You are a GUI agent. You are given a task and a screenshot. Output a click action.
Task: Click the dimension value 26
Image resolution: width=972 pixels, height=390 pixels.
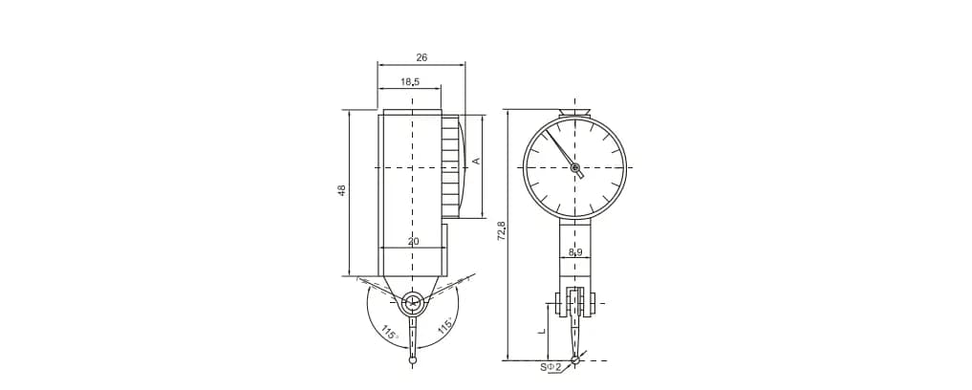tap(421, 57)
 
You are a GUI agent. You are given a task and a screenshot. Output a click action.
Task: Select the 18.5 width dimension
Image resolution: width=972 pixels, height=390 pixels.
tap(409, 82)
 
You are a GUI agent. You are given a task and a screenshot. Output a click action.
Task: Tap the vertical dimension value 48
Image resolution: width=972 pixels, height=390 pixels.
tap(341, 190)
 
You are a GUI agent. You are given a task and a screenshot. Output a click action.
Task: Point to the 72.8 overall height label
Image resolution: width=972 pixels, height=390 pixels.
tap(501, 230)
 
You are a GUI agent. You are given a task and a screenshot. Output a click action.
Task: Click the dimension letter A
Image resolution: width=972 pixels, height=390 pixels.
tap(475, 162)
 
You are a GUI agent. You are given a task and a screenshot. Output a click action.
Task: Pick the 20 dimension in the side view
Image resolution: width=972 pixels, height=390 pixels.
tap(413, 241)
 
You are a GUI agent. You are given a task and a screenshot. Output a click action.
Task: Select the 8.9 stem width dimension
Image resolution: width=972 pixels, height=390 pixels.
tap(574, 252)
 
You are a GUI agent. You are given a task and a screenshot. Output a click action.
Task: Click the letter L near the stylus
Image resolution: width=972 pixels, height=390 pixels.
tap(541, 331)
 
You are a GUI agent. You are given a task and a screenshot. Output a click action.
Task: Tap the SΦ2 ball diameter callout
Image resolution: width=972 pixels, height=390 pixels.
tap(551, 366)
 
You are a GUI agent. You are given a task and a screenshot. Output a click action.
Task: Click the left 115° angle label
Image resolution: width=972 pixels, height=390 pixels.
tap(388, 334)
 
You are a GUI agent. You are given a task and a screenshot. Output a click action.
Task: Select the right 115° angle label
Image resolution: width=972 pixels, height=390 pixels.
tap(445, 326)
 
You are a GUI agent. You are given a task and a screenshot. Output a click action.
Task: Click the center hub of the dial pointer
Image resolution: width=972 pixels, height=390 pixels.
tap(575, 167)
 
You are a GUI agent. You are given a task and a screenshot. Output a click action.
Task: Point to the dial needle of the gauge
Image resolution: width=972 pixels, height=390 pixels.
tap(560, 147)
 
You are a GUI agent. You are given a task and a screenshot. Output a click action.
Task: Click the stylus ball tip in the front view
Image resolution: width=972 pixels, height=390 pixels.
tap(575, 360)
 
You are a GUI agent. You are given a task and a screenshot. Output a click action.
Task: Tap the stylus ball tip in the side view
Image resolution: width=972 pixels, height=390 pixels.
tap(413, 360)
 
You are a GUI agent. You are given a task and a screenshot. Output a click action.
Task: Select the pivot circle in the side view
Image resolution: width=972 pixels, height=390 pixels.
tap(413, 304)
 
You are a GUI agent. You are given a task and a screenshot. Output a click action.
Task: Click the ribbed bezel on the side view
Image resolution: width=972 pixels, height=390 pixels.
tap(450, 166)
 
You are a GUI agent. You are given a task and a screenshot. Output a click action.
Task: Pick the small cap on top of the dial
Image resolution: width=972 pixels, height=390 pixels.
tap(574, 113)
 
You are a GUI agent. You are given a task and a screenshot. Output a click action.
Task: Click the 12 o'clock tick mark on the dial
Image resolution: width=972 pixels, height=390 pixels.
tap(575, 125)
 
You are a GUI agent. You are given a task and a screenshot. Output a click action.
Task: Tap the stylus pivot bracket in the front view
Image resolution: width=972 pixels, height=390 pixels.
tap(574, 304)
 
